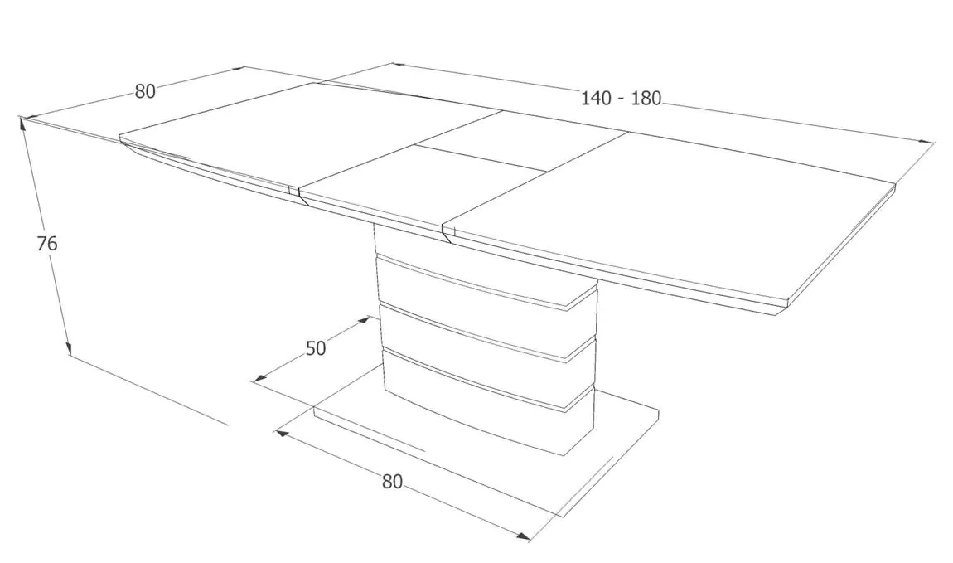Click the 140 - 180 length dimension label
[x=621, y=98]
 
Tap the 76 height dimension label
[x=46, y=244]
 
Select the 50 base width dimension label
[x=316, y=348]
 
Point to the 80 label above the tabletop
[x=145, y=91]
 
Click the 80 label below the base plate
[x=392, y=482]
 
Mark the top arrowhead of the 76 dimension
[x=23, y=124]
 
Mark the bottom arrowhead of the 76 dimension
[x=68, y=347]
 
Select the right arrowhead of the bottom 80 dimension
[x=523, y=536]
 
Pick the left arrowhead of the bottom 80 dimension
[x=282, y=433]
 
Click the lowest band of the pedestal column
[x=486, y=405]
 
